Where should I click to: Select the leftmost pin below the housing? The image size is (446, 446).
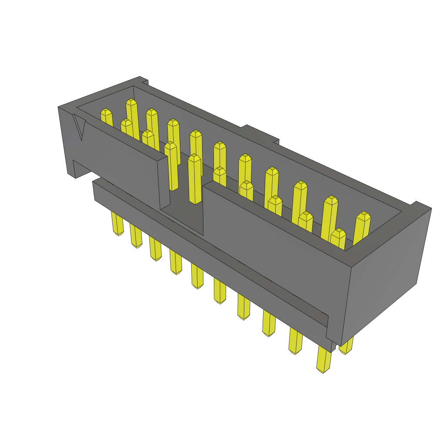click(118, 223)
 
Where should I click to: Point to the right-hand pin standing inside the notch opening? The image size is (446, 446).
click(195, 179)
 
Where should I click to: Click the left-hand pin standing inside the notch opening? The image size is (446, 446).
click(172, 166)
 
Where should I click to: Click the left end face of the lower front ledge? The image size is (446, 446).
click(94, 191)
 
